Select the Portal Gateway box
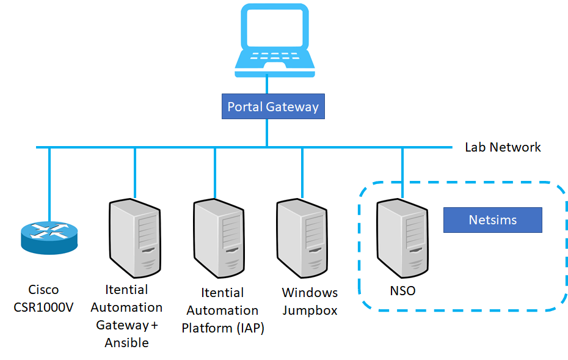pyautogui.click(x=273, y=107)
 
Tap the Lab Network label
pyautogui.click(x=503, y=147)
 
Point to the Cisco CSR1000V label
pyautogui.click(x=43, y=298)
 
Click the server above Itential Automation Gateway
pyautogui.click(x=134, y=239)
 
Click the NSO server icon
pyautogui.click(x=402, y=239)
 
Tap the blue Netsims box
pyautogui.click(x=492, y=220)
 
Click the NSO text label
pyautogui.click(x=402, y=291)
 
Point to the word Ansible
pyautogui.click(x=126, y=343)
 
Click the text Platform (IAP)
pyautogui.click(x=222, y=328)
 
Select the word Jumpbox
pyautogui.click(x=310, y=310)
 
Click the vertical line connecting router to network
pyautogui.click(x=49, y=183)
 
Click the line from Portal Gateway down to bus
pyautogui.click(x=267, y=133)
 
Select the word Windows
pyautogui.click(x=310, y=293)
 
